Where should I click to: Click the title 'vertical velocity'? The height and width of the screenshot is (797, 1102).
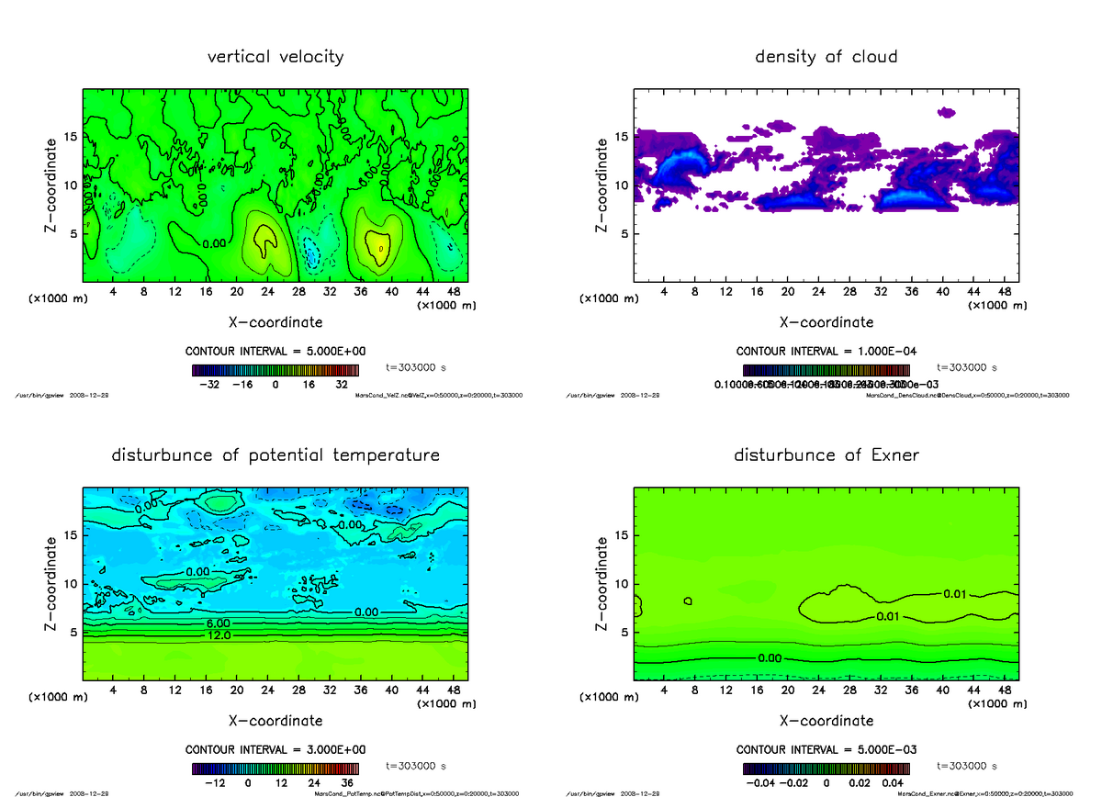point(275,57)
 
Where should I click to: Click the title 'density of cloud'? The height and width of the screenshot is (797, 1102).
point(826,57)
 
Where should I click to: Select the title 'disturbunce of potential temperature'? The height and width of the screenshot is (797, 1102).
point(275,455)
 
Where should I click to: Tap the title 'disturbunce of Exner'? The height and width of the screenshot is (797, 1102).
point(826,455)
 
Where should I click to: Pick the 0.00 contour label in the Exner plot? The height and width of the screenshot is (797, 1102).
point(770,657)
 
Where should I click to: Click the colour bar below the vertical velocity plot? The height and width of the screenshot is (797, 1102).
point(275,369)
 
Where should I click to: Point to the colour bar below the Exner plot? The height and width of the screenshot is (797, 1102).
point(826,768)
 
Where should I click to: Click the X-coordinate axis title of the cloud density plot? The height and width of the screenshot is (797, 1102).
point(826,322)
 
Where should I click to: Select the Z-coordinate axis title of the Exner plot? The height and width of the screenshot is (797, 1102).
point(602,583)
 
